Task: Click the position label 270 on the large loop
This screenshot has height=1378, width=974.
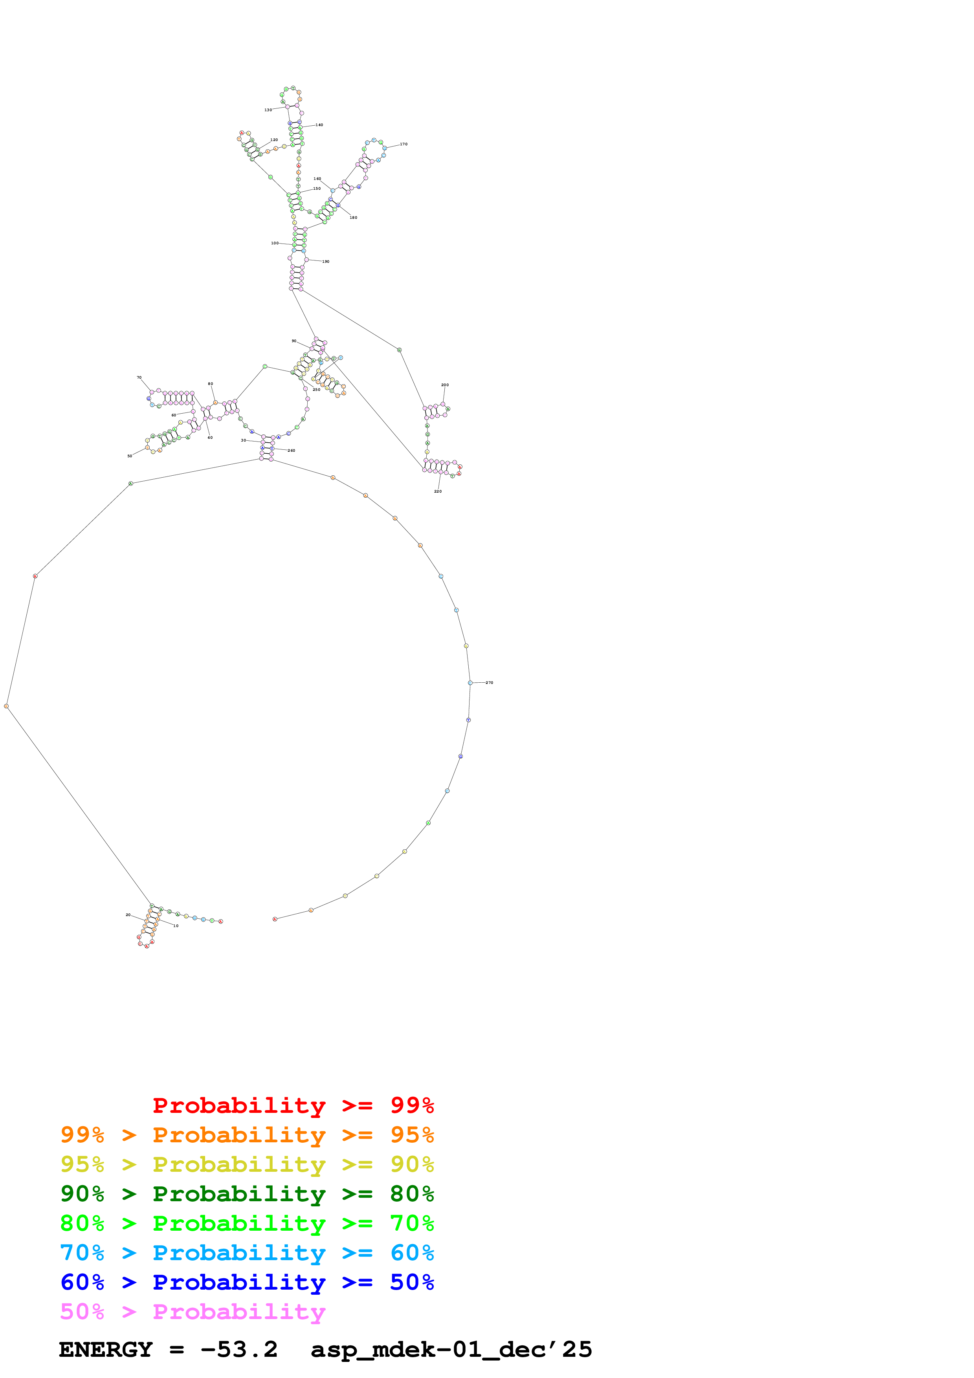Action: tap(489, 682)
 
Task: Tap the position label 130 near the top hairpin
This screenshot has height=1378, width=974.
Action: tap(268, 110)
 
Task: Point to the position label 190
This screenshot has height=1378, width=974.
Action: tap(325, 262)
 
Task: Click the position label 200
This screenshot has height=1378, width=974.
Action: tap(445, 385)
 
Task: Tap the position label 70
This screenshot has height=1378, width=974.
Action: tap(139, 377)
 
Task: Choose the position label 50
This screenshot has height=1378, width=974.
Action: tap(130, 456)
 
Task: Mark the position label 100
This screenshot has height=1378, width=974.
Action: tap(275, 243)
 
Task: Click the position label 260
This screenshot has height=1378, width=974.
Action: tap(291, 450)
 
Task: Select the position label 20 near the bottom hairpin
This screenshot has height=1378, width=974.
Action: tap(128, 914)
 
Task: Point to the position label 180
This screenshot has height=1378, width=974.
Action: tap(354, 217)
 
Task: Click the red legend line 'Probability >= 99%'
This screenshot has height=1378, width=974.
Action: tap(293, 1105)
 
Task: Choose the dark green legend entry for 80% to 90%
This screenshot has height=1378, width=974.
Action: tap(247, 1194)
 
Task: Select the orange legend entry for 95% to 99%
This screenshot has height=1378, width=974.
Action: tap(247, 1135)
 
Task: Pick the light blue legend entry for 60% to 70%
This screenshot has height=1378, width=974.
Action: tap(247, 1253)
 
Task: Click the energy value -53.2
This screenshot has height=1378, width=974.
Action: tap(239, 1349)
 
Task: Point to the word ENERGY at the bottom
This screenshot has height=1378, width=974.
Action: tap(106, 1349)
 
